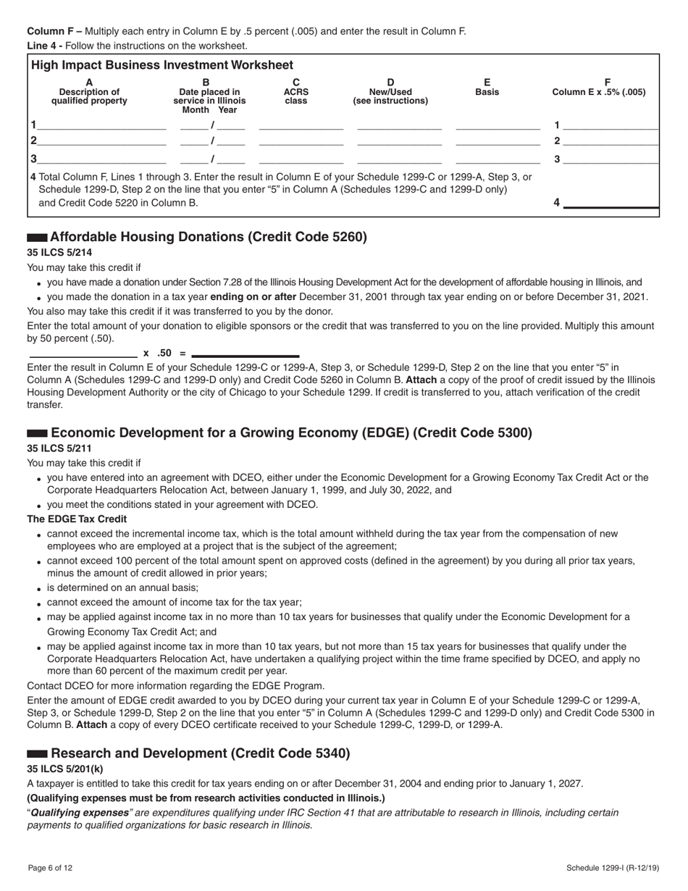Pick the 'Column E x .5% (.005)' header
[x=599, y=92]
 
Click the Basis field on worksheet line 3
[x=498, y=159]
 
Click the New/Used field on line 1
[x=399, y=125]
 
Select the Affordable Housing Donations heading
[x=208, y=237]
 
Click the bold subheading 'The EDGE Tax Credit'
[x=77, y=519]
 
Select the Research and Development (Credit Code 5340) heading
[x=201, y=753]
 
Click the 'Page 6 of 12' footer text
[x=50, y=868]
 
